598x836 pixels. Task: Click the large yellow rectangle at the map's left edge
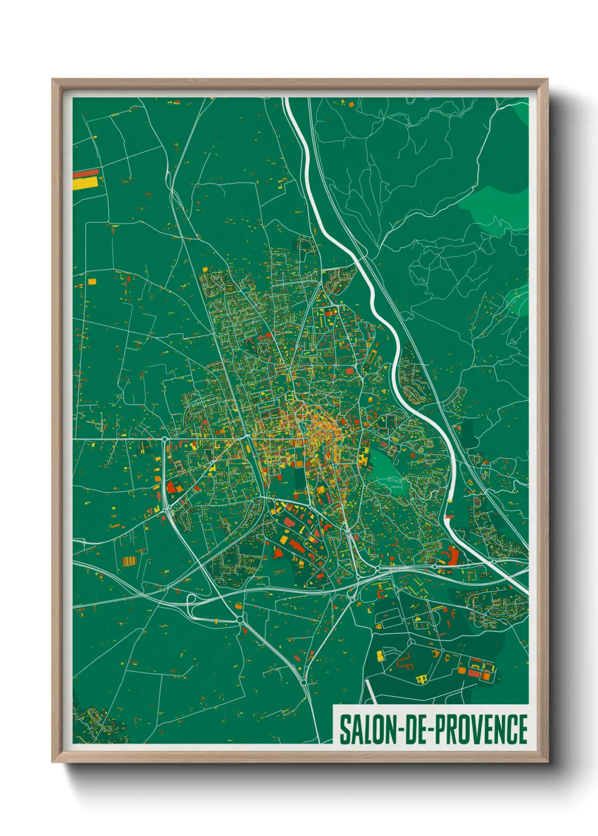(x=86, y=183)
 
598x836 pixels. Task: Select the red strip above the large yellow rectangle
(x=86, y=173)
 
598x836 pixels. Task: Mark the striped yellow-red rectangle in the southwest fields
(x=129, y=561)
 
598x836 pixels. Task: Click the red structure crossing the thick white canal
(x=449, y=516)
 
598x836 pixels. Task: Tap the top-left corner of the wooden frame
(x=53, y=80)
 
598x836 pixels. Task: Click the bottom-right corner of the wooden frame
(x=547, y=761)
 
